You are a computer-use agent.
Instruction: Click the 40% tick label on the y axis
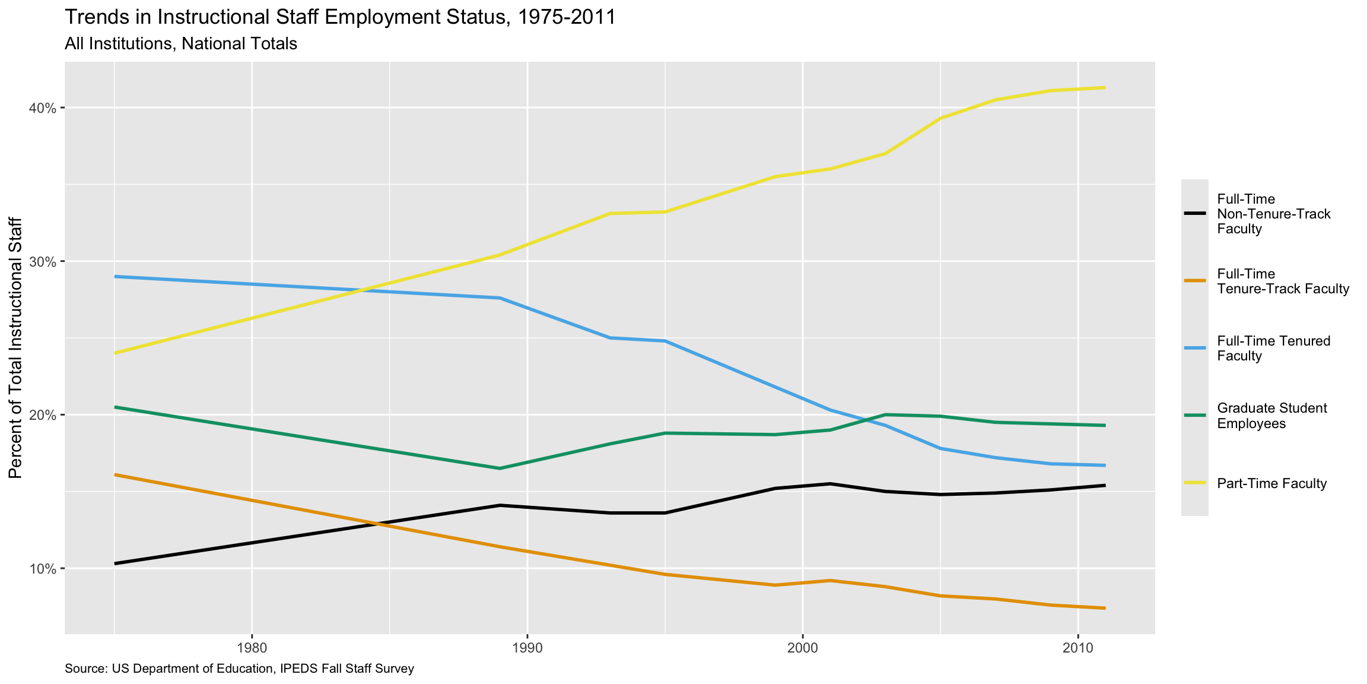point(43,108)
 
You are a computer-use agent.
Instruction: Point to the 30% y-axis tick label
point(43,262)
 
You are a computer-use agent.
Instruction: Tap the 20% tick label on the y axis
point(43,415)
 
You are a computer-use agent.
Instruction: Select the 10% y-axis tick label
point(43,569)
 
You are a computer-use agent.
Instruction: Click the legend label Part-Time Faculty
point(1271,483)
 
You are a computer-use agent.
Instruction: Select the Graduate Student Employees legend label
point(1271,416)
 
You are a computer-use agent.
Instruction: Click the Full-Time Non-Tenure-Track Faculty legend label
point(1273,214)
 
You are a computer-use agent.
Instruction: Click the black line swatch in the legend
point(1195,214)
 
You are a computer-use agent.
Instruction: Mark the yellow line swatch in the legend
point(1195,483)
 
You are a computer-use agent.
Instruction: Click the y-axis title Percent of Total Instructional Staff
point(15,347)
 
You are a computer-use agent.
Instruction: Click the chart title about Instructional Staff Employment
point(340,17)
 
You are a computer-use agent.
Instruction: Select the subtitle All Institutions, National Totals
point(181,44)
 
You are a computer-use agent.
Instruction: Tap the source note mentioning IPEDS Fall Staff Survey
point(239,669)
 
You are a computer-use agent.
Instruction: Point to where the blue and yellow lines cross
point(364,290)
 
